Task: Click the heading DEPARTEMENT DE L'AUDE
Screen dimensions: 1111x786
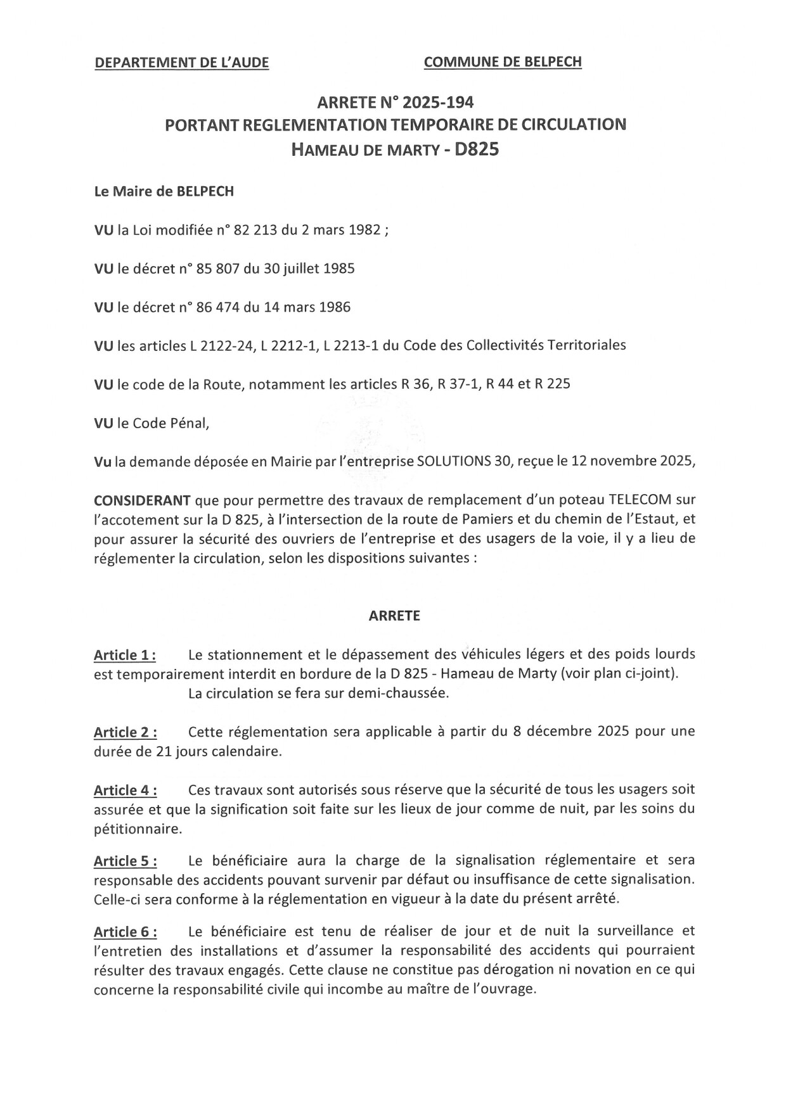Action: pyautogui.click(x=181, y=63)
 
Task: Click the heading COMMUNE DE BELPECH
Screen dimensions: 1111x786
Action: pyautogui.click(x=502, y=61)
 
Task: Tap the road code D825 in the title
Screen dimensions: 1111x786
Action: pyautogui.click(x=474, y=150)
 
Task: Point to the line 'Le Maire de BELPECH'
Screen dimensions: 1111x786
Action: pyautogui.click(x=164, y=191)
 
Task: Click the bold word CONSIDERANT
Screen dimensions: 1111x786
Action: pyautogui.click(x=142, y=500)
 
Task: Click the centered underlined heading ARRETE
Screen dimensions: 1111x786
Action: pyautogui.click(x=394, y=616)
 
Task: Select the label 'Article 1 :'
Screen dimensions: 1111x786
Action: pyautogui.click(x=126, y=655)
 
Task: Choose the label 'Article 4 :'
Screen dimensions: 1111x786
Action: pyautogui.click(x=126, y=790)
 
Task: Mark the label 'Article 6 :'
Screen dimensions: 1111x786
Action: pyautogui.click(x=126, y=932)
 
